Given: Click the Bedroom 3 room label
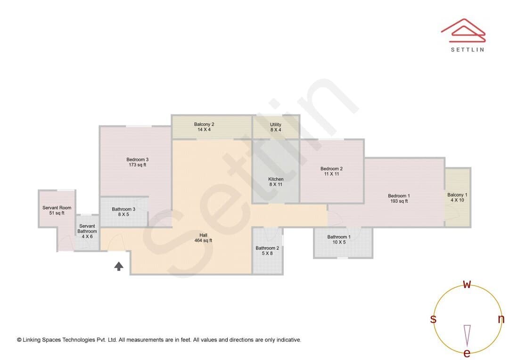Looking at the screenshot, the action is [137, 162].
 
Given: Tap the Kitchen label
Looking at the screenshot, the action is [276, 181].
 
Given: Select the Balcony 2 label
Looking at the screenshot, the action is [204, 127].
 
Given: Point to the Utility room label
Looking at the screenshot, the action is [276, 127].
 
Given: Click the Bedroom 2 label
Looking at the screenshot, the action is [331, 171].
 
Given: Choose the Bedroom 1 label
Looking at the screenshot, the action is [399, 198].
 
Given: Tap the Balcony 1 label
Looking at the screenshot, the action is [457, 197].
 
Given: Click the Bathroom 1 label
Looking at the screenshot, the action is [339, 239].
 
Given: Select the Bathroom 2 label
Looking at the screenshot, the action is [267, 251].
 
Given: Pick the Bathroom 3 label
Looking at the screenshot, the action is [123, 212].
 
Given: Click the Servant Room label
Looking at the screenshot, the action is [57, 210].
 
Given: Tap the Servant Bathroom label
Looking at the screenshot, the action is [87, 231].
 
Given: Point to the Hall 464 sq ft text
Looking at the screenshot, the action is [203, 237].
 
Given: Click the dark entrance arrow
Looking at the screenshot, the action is [119, 266].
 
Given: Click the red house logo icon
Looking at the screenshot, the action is [463, 31].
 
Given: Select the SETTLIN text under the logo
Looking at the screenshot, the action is [468, 49].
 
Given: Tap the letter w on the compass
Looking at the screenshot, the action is [467, 285].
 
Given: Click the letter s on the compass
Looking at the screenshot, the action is [433, 319].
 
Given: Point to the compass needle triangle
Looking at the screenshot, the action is [467, 335].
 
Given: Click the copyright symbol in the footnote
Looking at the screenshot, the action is [19, 340].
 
